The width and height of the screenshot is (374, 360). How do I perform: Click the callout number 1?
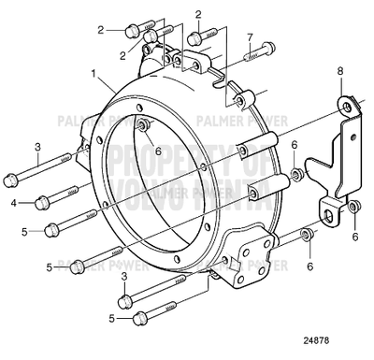(93, 72)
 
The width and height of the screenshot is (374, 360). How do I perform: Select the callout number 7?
(250, 37)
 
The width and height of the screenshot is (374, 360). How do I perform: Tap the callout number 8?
(340, 69)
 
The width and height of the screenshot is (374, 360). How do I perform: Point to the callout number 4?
(14, 201)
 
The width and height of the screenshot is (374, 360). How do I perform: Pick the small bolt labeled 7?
(257, 51)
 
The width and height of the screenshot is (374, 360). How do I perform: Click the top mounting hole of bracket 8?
(347, 108)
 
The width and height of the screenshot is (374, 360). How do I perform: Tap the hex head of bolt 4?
(43, 202)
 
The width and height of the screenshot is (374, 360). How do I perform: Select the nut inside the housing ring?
(142, 126)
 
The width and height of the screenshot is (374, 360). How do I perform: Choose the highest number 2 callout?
(198, 14)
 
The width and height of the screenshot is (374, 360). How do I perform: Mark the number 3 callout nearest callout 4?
(36, 147)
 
